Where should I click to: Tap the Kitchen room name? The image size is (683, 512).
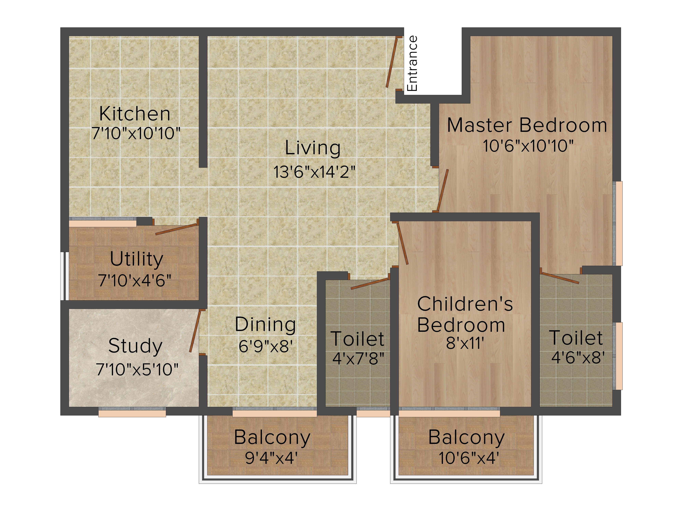pos(135,113)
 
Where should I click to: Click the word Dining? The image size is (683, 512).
pos(265,325)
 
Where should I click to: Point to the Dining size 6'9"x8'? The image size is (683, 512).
pos(265,346)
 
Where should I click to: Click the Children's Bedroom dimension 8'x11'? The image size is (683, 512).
pos(465,343)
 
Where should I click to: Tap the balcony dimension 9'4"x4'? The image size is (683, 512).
pos(271,458)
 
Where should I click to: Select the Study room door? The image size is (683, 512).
pos(195,331)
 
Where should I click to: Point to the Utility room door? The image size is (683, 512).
pos(176,229)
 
